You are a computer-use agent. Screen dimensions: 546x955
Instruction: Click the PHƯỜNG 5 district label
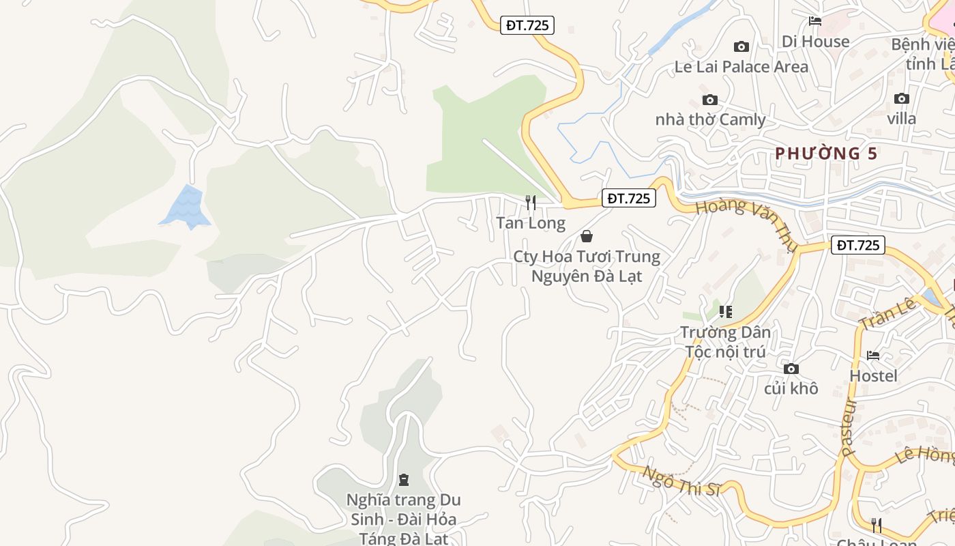coord(826,154)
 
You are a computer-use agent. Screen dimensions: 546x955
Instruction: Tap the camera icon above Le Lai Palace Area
coord(741,46)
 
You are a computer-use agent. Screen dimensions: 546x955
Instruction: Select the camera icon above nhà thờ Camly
coord(710,100)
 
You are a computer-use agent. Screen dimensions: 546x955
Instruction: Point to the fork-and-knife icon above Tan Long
coord(530,202)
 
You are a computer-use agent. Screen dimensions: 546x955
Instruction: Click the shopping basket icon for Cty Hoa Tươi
coord(586,236)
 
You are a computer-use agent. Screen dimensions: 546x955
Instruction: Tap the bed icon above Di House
coord(814,21)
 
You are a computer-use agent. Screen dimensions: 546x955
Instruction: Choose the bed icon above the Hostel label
coord(873,356)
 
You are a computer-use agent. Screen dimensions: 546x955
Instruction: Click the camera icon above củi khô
coord(791,369)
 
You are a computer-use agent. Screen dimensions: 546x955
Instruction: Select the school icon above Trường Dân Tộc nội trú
coord(725,312)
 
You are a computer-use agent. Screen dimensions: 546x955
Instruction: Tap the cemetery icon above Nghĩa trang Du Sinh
coord(404,480)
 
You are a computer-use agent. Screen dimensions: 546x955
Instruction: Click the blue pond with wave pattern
coord(186,206)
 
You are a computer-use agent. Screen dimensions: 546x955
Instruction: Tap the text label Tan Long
coord(531,223)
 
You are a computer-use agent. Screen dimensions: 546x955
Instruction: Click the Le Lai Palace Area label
coord(741,67)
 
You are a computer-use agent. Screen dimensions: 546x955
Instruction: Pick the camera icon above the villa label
coord(902,98)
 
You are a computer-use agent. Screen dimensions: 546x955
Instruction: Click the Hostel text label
coord(873,376)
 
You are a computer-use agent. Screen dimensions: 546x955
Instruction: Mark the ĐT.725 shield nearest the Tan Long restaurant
coord(629,198)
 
